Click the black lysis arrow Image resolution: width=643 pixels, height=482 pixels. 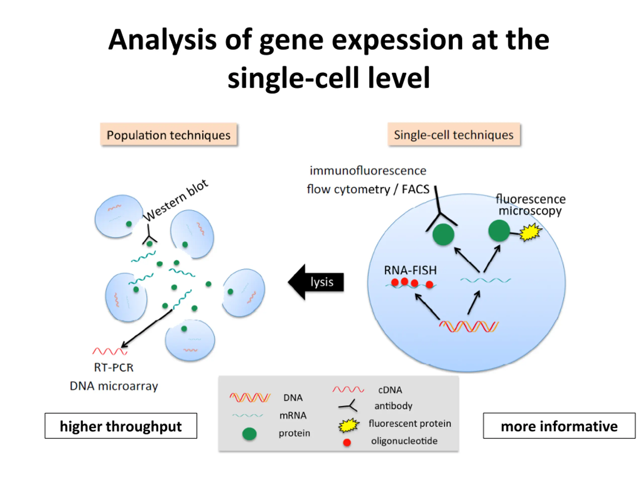pos(316,282)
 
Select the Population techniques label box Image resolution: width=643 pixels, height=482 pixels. pos(169,134)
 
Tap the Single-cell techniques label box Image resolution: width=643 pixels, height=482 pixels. pos(454,134)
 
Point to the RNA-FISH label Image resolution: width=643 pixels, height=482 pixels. pos(410,270)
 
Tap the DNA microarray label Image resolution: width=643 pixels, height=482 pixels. pos(114,386)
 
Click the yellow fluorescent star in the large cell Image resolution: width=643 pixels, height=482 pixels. pos(530,232)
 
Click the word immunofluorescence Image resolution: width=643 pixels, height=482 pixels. pos(368,170)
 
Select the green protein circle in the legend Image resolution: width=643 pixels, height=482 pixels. pos(249,434)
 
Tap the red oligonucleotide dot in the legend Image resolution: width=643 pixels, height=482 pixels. pos(347,442)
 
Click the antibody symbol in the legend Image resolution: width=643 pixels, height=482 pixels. pos(348,406)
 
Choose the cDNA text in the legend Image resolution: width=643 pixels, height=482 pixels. pos(390,390)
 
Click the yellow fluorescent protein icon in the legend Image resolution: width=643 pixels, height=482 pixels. pos(349,425)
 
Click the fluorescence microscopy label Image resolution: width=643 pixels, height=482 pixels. pos(530,205)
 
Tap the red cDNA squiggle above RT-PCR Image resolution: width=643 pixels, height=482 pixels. pos(110,351)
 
